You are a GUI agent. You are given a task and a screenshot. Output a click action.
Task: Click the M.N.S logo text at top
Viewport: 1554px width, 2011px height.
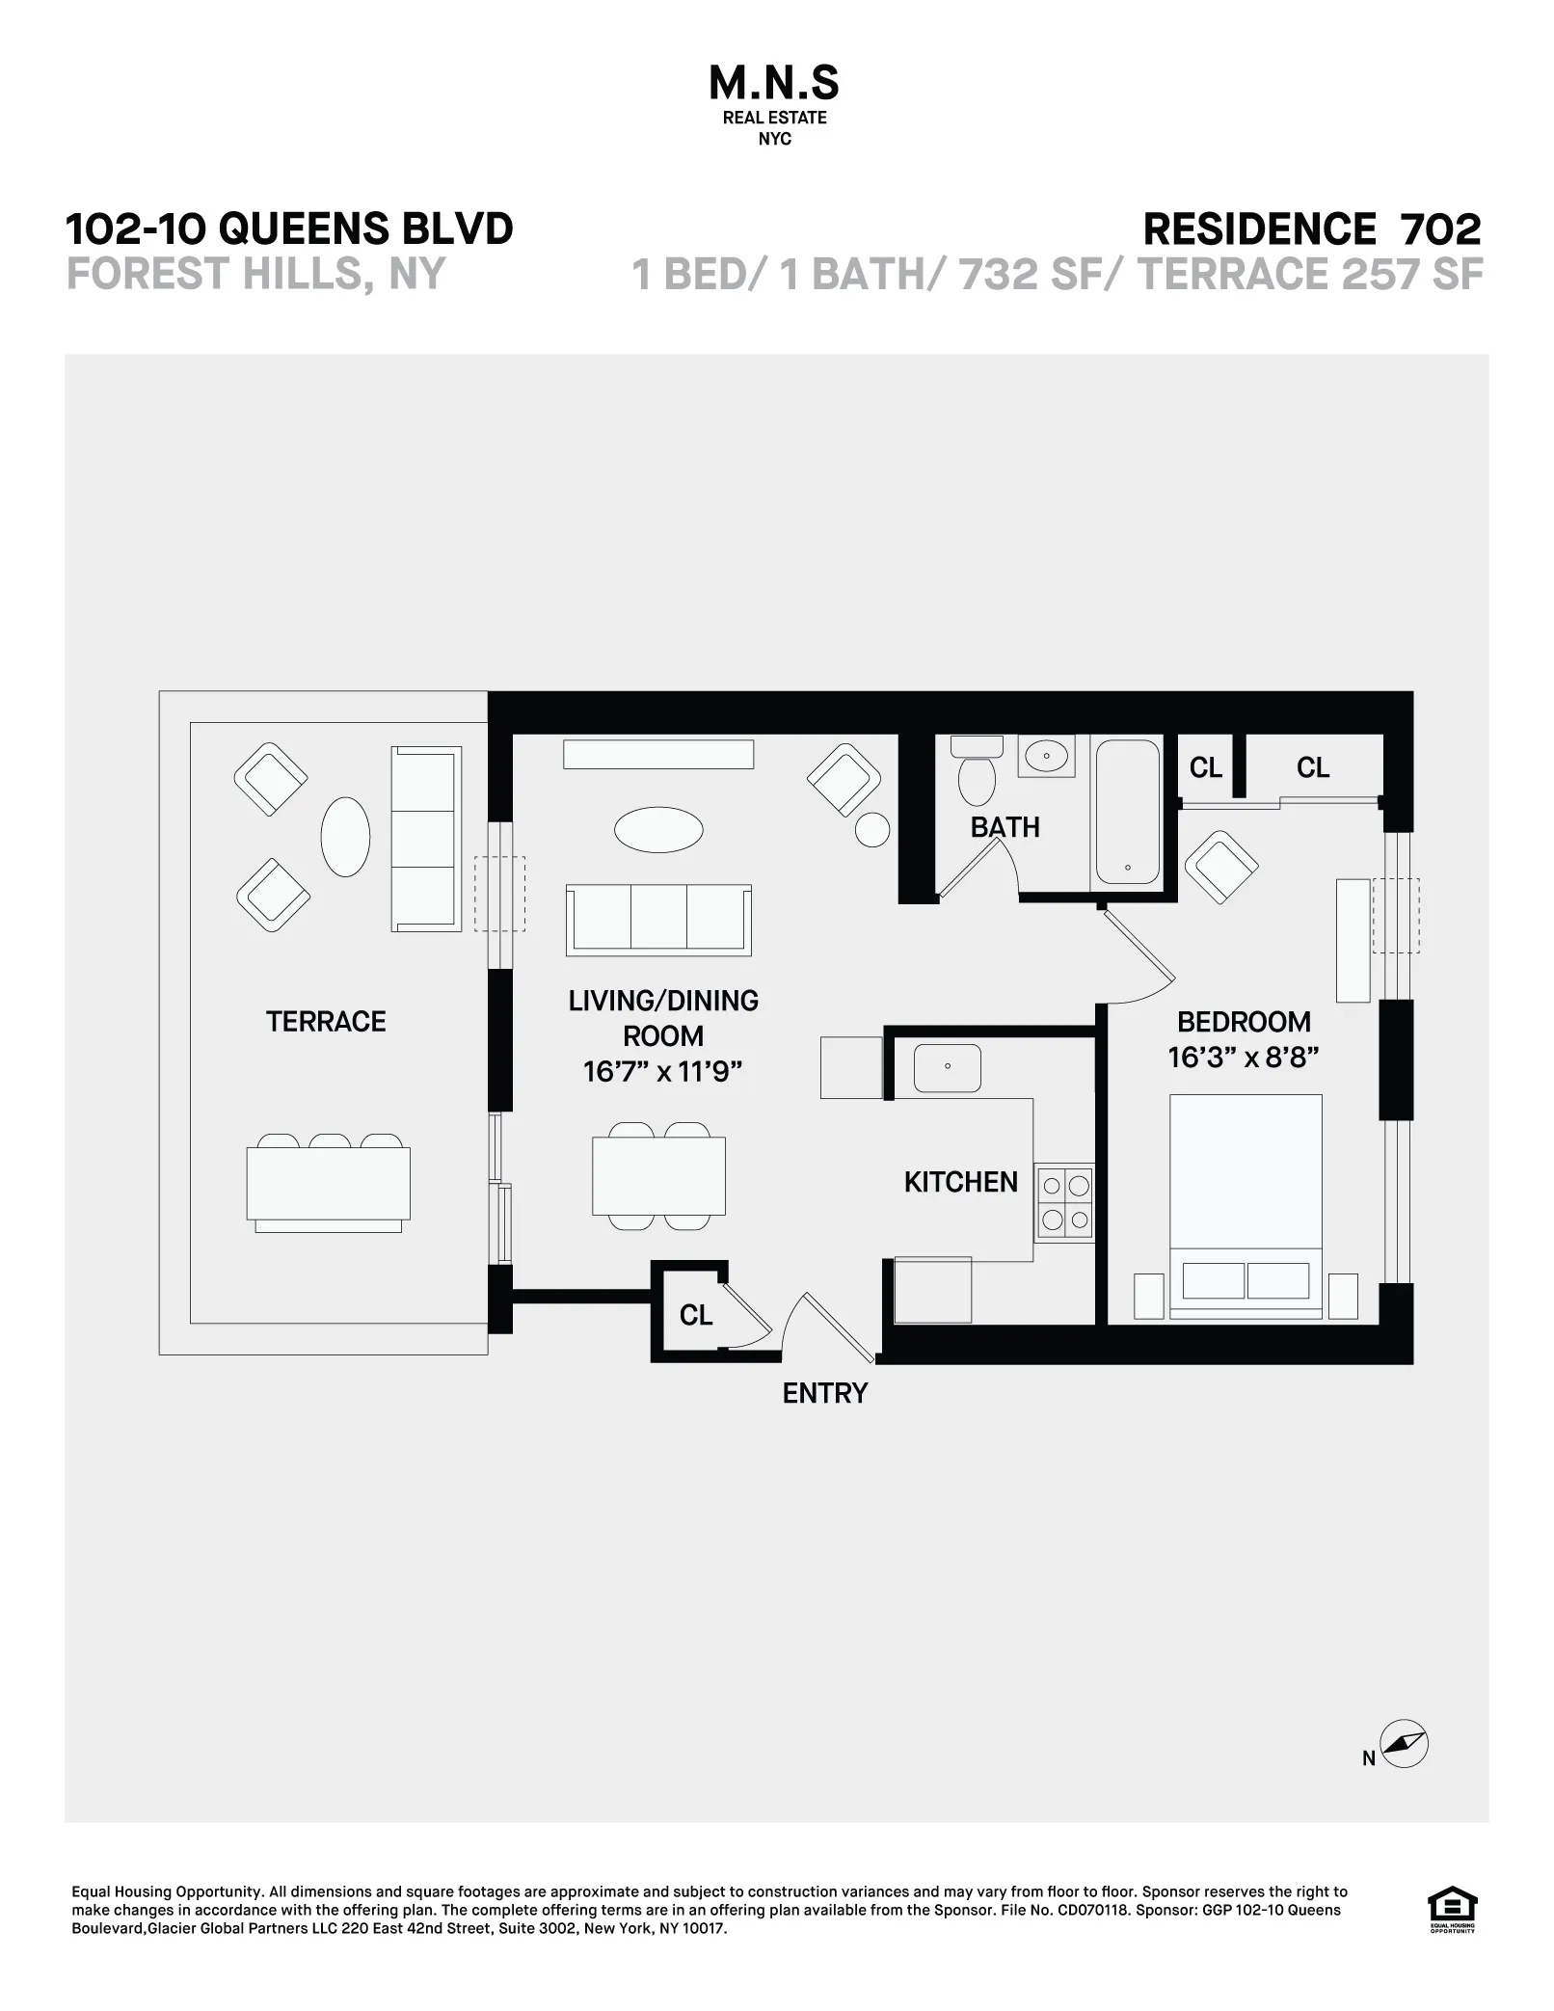pyautogui.click(x=774, y=85)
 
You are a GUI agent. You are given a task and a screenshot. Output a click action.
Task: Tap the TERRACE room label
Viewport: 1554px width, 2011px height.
pyautogui.click(x=326, y=1022)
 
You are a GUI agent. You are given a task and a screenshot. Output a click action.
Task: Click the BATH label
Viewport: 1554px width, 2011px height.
pyautogui.click(x=1005, y=827)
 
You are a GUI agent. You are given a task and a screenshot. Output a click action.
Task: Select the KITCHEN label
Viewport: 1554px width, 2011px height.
pyautogui.click(x=960, y=1182)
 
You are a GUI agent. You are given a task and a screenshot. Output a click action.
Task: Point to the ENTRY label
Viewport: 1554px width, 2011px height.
pyautogui.click(x=824, y=1393)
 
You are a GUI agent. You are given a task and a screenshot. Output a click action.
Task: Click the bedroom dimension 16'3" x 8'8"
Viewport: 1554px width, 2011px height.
pyautogui.click(x=1243, y=1058)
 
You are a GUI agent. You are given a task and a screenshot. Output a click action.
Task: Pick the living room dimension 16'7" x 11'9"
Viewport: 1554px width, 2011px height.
pyautogui.click(x=662, y=1071)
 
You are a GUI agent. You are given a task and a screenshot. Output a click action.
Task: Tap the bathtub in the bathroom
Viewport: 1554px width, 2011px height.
pyautogui.click(x=1127, y=811)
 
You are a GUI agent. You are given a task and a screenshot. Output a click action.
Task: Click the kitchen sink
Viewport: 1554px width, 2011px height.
pyautogui.click(x=948, y=1067)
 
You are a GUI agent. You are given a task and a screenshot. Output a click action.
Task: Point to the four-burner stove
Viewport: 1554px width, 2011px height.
pyautogui.click(x=1065, y=1203)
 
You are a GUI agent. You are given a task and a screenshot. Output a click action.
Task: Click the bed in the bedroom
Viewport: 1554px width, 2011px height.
pyautogui.click(x=1246, y=1205)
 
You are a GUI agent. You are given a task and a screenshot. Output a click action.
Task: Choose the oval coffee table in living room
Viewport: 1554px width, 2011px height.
pyautogui.click(x=658, y=830)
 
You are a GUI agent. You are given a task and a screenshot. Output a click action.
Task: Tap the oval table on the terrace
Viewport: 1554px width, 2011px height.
pyautogui.click(x=345, y=836)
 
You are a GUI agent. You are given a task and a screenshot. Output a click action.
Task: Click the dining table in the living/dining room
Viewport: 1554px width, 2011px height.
pyautogui.click(x=658, y=1176)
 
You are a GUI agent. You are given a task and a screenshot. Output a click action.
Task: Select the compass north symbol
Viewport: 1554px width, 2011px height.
pyautogui.click(x=1404, y=1771)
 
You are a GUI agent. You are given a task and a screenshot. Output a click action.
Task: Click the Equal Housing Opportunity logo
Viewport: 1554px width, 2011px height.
pyautogui.click(x=1451, y=1911)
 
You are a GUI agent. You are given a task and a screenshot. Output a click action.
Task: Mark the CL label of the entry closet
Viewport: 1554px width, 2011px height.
pyautogui.click(x=696, y=1315)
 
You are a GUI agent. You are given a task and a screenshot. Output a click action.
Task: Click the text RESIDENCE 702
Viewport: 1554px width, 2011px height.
pyautogui.click(x=1311, y=229)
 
